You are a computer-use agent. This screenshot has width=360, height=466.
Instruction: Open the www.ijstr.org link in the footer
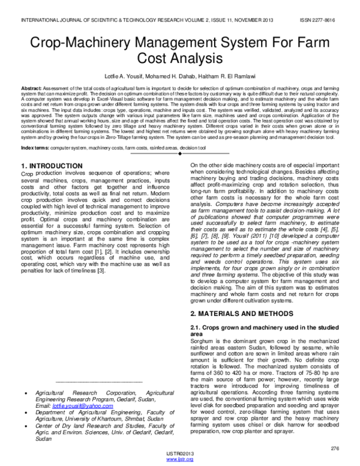tap(179, 459)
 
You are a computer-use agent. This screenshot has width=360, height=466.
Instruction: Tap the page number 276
tap(335, 449)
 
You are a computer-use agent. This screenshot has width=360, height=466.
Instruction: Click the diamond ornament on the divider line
tap(180, 154)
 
